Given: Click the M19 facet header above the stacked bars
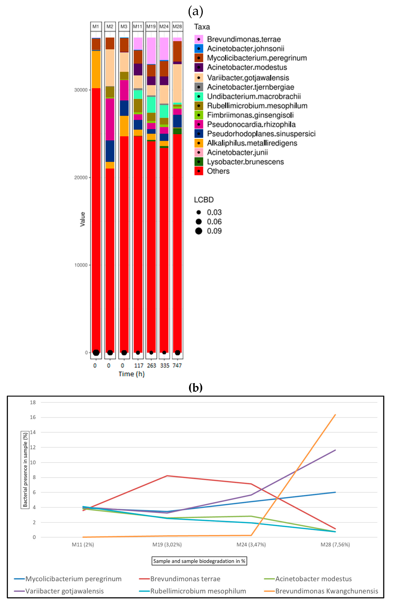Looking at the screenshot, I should pyautogui.click(x=151, y=27).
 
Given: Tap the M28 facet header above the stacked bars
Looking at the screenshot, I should pyautogui.click(x=177, y=27).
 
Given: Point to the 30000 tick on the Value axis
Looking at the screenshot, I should pyautogui.click(x=81, y=90).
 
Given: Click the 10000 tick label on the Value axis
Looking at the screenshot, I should pyautogui.click(x=81, y=265).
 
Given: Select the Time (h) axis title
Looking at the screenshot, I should pyautogui.click(x=132, y=374).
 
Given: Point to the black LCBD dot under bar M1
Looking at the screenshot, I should pyautogui.click(x=96, y=353).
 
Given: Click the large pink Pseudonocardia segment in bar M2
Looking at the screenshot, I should pyautogui.click(x=110, y=119).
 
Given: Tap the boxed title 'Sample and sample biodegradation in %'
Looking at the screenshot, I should pyautogui.click(x=199, y=561).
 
